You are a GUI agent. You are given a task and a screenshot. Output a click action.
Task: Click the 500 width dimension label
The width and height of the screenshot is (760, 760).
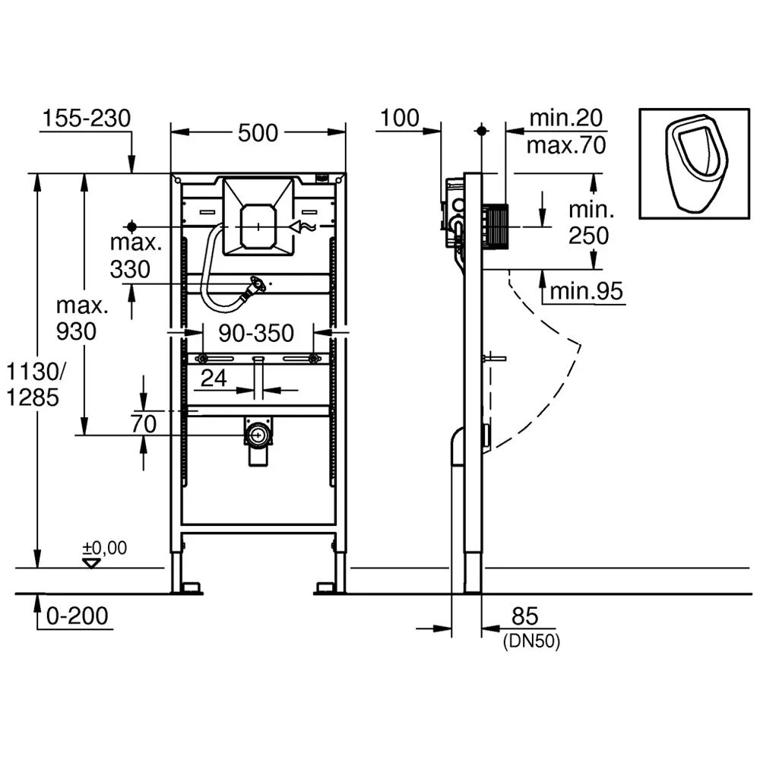pyautogui.click(x=258, y=133)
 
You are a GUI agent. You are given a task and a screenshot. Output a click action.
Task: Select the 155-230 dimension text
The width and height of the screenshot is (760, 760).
pyautogui.click(x=86, y=119)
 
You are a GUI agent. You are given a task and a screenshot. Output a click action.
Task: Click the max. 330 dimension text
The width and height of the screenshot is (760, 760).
pyautogui.click(x=136, y=256)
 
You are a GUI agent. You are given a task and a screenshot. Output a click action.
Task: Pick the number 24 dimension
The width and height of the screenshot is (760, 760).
pyautogui.click(x=214, y=378)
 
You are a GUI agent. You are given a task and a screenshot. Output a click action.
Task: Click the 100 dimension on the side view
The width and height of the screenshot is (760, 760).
pyautogui.click(x=400, y=118)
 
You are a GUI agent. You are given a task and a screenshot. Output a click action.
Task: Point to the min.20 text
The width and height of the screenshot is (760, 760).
pyautogui.click(x=566, y=118)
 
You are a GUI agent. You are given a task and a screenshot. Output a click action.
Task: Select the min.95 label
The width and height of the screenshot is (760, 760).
pyautogui.click(x=586, y=290)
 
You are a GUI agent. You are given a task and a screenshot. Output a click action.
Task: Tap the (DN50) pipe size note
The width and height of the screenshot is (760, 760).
pyautogui.click(x=531, y=641)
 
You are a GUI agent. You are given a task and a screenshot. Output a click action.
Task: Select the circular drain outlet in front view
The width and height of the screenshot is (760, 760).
pyautogui.click(x=258, y=435)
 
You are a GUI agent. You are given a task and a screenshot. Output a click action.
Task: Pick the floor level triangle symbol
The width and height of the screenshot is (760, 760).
pyautogui.click(x=93, y=563)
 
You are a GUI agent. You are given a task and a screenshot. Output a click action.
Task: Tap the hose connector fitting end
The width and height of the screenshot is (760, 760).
pyautogui.click(x=258, y=287)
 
